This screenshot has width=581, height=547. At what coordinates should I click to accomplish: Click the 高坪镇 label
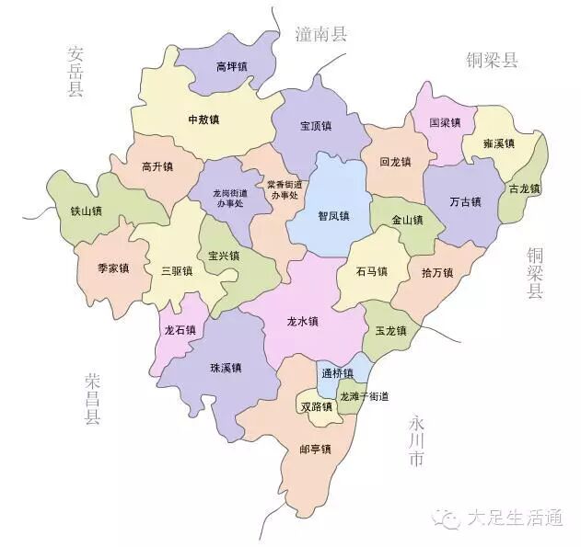coord(231,66)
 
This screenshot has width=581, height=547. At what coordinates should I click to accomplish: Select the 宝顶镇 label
coord(315,126)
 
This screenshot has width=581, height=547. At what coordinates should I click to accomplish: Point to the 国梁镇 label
coord(446,122)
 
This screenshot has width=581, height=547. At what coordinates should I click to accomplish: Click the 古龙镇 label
coord(523,188)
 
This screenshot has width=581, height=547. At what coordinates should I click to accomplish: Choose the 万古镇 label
coord(465,201)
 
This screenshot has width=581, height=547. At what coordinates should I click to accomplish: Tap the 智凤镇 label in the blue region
coord(333,217)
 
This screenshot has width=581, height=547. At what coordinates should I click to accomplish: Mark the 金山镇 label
coord(407,221)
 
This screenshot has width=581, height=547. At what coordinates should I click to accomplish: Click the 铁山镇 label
coord(86,211)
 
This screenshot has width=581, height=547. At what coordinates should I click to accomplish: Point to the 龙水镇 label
coord(302,322)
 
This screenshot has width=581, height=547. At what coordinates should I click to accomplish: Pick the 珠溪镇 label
coord(226,369)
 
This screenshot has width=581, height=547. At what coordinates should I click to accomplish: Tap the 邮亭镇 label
coord(315,450)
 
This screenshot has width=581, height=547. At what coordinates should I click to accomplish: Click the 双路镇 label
coord(316,406)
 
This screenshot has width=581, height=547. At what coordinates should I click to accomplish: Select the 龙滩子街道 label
coord(364,396)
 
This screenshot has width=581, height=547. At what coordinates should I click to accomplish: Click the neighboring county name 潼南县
coord(321,35)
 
